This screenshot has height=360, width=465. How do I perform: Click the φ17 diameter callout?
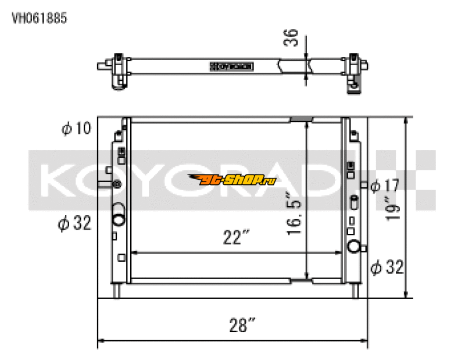(x=384, y=186)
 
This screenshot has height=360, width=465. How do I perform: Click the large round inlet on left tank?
(x=119, y=220)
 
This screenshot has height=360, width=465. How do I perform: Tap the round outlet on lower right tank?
(x=353, y=247)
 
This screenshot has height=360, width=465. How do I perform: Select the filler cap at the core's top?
(x=301, y=119)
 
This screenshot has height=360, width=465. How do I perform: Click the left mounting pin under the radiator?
(x=117, y=290)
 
